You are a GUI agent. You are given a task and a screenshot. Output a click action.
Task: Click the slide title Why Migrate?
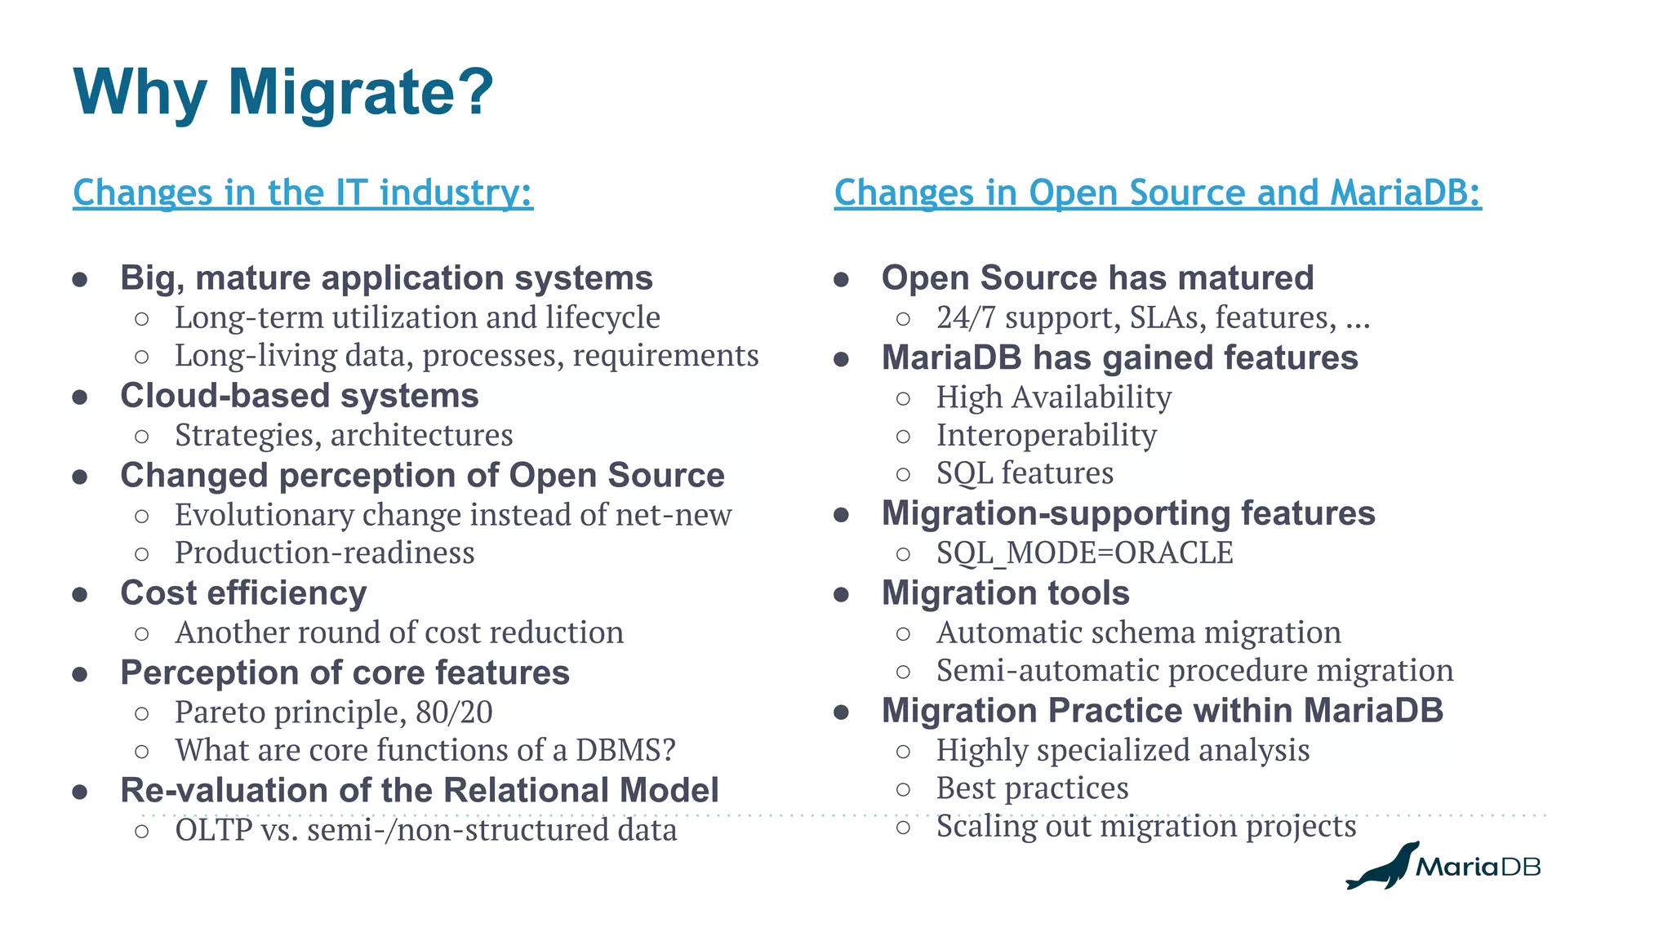(x=282, y=92)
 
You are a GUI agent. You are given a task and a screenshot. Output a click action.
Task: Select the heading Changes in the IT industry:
(x=303, y=193)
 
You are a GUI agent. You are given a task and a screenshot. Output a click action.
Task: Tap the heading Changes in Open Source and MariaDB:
(x=1157, y=193)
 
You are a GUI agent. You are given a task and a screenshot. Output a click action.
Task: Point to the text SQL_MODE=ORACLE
(x=1084, y=553)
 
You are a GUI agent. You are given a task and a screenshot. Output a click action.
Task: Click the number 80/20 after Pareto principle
(x=454, y=712)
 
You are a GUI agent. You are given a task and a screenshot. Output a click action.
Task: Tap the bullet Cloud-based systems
(x=299, y=396)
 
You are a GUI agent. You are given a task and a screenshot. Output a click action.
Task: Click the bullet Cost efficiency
(x=243, y=593)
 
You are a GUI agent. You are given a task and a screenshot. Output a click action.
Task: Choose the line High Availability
(x=1053, y=397)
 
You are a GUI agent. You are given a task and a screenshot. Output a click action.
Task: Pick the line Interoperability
(x=1046, y=435)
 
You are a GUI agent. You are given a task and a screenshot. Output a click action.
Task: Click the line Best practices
(x=1032, y=788)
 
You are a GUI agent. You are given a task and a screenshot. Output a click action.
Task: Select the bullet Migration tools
(x=1005, y=593)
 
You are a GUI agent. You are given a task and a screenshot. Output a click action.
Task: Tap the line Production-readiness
(x=324, y=553)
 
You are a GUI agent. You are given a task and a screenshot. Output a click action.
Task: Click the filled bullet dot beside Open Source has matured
(x=842, y=280)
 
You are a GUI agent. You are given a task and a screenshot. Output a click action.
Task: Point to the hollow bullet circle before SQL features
(x=903, y=474)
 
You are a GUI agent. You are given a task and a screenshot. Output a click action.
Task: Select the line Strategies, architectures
(x=344, y=435)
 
